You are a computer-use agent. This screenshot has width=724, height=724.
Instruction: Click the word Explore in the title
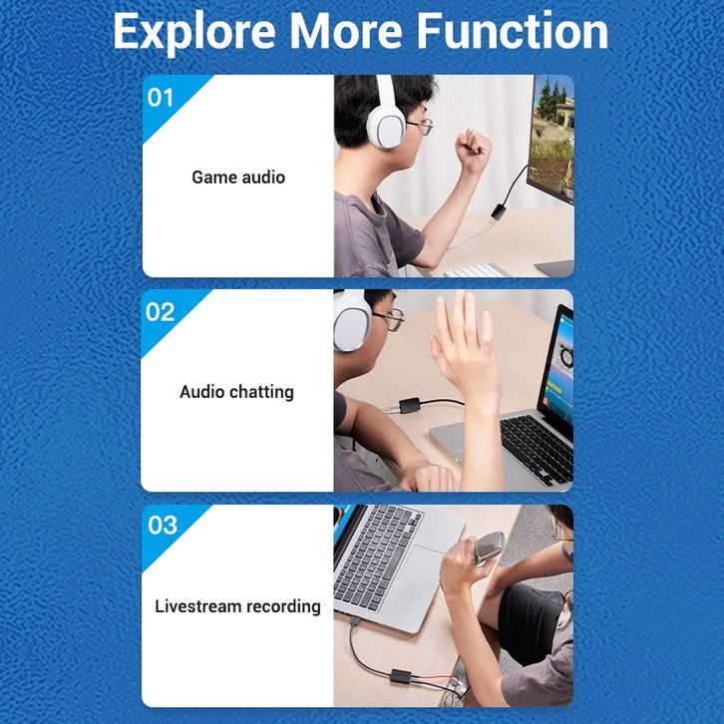194,32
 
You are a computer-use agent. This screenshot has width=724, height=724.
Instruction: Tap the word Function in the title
512,31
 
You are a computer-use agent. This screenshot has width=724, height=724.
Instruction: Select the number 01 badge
160,98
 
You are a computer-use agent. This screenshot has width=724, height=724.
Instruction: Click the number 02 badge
160,312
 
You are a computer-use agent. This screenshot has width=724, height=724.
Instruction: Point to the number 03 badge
163,525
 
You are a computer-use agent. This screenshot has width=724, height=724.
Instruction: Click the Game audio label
238,178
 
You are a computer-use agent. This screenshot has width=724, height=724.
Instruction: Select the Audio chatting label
236,392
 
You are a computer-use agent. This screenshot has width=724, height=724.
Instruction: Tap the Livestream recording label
237,606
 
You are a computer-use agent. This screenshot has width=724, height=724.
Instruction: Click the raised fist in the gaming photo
472,150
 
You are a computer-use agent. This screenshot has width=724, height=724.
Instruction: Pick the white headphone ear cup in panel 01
387,125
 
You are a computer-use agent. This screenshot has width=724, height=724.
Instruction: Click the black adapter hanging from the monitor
499,212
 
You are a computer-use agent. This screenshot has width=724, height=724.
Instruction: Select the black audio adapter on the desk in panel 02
410,405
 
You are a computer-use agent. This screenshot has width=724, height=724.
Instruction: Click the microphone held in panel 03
490,546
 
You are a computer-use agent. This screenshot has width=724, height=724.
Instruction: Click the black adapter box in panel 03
401,676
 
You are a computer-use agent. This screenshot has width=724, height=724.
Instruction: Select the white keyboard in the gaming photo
476,270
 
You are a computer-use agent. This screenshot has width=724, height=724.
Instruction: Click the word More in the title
346,31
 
